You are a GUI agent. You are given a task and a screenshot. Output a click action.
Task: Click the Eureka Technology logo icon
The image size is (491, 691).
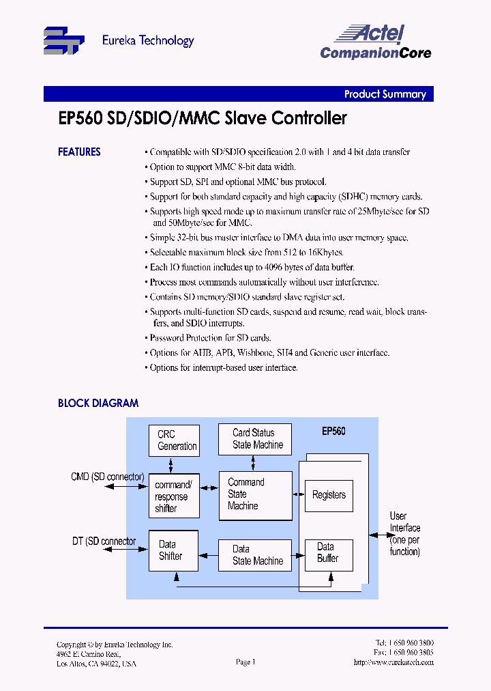(64, 40)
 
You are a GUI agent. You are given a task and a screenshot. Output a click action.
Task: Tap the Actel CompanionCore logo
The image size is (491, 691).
(375, 42)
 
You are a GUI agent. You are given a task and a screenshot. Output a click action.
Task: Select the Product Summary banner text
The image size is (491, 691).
(385, 95)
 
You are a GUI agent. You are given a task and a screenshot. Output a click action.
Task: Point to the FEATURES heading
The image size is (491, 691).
(79, 152)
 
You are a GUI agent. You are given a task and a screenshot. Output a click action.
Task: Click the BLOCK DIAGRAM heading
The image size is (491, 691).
(98, 404)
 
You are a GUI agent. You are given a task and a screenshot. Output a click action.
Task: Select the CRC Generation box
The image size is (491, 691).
(175, 440)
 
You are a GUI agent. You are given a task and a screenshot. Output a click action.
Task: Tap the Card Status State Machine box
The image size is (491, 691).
(255, 439)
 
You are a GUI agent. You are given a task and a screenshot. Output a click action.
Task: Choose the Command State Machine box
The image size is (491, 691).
(255, 494)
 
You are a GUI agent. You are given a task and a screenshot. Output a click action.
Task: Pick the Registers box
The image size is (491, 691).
(329, 495)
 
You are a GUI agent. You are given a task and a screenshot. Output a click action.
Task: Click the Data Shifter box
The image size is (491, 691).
(173, 550)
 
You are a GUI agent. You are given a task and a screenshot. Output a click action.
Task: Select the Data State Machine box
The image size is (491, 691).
(255, 555)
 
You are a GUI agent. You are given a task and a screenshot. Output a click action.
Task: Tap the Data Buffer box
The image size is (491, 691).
(328, 552)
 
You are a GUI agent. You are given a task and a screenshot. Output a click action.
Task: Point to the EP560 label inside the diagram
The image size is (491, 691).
(333, 432)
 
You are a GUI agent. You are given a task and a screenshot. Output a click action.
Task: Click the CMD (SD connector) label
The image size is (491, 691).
(107, 477)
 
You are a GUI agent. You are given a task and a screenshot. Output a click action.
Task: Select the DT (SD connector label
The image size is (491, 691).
(104, 541)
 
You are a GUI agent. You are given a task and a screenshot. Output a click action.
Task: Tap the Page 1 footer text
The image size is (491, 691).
(245, 662)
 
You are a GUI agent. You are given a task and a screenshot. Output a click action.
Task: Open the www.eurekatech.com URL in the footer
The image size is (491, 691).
(393, 662)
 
